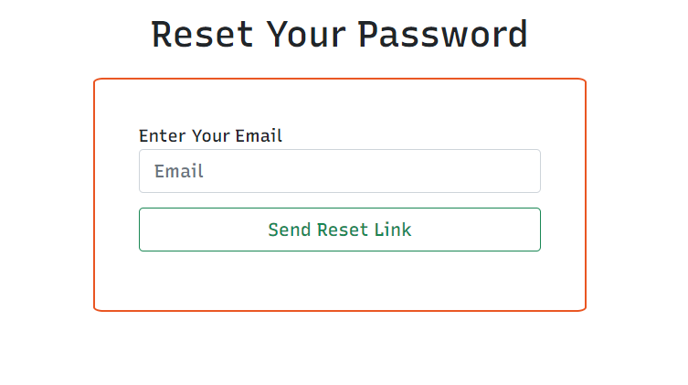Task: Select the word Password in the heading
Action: point(443,35)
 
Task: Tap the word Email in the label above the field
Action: point(259,136)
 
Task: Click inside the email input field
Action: point(365,171)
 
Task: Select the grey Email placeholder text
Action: point(179,171)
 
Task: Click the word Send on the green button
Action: point(290,230)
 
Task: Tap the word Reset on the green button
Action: point(339,230)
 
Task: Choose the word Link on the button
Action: point(391,230)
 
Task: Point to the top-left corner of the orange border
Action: point(95,80)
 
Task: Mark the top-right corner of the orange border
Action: point(584,80)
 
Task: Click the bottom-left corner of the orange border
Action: point(95,309)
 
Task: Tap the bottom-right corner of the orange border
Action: point(584,309)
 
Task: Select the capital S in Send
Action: point(273,230)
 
